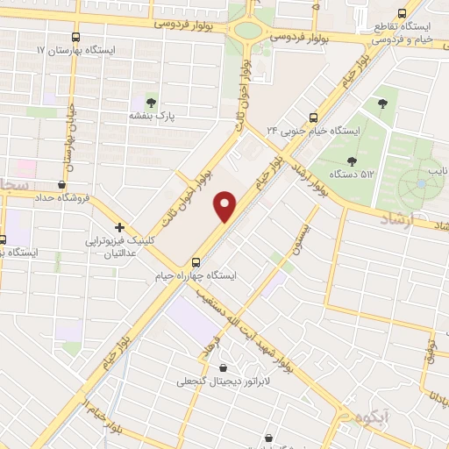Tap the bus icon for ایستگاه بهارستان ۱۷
click(76, 39)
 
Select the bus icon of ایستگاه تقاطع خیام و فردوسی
click(402, 13)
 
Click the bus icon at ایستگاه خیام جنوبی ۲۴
click(315, 117)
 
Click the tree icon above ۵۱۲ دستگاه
click(351, 160)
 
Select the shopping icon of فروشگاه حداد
click(61, 184)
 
